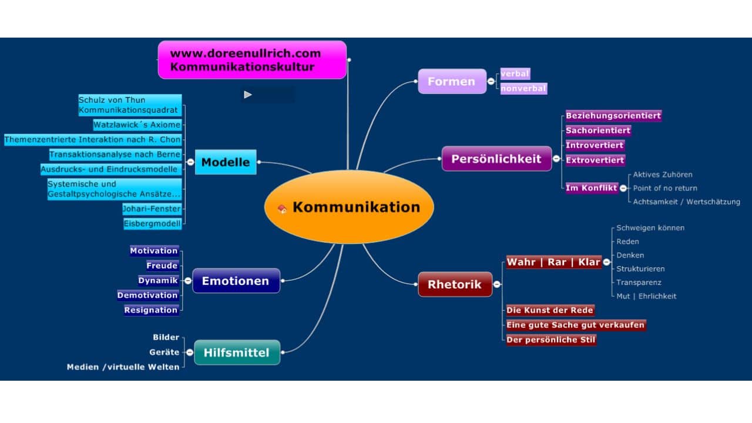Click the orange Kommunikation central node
pos(349,207)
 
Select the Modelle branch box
pos(226,162)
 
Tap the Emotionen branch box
pos(236,281)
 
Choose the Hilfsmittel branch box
pos(236,352)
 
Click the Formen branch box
pos(451,82)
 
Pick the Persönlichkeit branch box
pos(496,159)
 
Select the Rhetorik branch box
pos(454,285)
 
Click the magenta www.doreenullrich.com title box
pos(251,60)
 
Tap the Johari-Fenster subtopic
pos(152,209)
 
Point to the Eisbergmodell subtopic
pos(152,223)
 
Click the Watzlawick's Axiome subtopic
pos(137,125)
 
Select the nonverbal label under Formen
pos(523,89)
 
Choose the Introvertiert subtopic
pos(595,145)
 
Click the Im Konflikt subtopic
pos(591,188)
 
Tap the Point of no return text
pos(665,188)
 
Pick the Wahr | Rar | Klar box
pos(553,262)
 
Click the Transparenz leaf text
pos(639,283)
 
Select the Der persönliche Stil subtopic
pos(551,340)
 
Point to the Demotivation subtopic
pos(147,295)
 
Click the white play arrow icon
pos(248,95)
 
